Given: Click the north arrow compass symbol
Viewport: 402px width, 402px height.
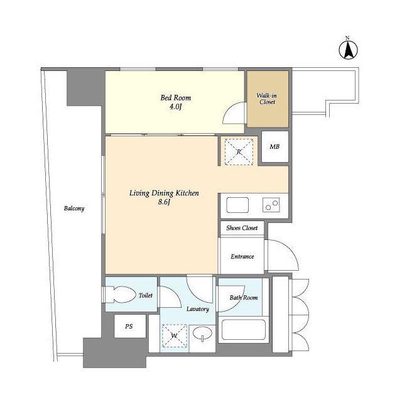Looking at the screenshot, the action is click(x=348, y=49).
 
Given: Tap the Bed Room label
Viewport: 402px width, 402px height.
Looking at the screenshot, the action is click(x=176, y=98).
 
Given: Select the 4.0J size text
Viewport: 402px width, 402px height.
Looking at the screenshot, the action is click(x=175, y=107).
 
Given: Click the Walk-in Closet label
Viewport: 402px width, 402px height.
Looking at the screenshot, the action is click(x=267, y=99).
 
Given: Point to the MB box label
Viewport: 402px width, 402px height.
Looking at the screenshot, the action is click(x=274, y=146).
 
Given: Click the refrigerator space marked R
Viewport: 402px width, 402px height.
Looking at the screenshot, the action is click(x=239, y=152).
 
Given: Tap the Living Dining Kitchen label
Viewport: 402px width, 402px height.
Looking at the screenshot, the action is click(x=164, y=193).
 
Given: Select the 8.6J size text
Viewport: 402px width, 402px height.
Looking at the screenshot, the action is click(x=164, y=202).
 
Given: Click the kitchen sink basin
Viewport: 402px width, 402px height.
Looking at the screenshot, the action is click(x=237, y=205).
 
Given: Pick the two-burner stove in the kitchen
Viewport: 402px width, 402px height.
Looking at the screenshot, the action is click(x=271, y=205).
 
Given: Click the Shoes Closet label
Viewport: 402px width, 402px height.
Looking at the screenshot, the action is click(x=242, y=228).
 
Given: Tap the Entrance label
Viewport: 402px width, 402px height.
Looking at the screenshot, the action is click(x=242, y=257).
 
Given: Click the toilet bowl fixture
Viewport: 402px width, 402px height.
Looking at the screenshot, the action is click(x=121, y=295).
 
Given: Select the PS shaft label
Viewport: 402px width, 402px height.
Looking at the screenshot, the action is click(x=129, y=327).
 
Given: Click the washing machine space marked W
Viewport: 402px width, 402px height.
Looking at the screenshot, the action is click(x=175, y=335).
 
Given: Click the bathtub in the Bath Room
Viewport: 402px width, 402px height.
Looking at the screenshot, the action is click(x=243, y=329).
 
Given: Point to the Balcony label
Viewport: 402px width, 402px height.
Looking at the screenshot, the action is click(x=74, y=209).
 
